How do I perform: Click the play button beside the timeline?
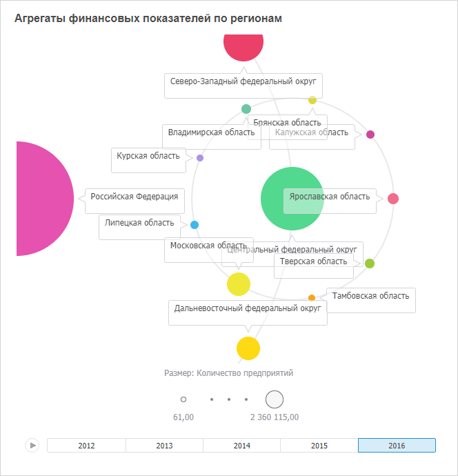pyautogui.click(x=32, y=446)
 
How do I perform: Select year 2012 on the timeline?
pyautogui.click(x=86, y=446)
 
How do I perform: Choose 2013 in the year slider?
pyautogui.click(x=164, y=446)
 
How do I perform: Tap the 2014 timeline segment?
pyautogui.click(x=241, y=446)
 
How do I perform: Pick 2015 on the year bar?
pyautogui.click(x=319, y=446)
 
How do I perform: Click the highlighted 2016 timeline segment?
pyautogui.click(x=397, y=446)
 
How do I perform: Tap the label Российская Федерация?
pyautogui.click(x=134, y=197)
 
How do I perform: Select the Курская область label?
pyautogui.click(x=148, y=156)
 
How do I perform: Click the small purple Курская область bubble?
pyautogui.click(x=200, y=158)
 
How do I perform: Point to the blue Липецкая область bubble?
pyautogui.click(x=195, y=225)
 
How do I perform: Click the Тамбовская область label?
pyautogui.click(x=370, y=296)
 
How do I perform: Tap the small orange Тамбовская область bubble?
pyautogui.click(x=312, y=298)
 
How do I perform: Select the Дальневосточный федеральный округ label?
pyautogui.click(x=248, y=308)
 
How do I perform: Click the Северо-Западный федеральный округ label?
pyautogui.click(x=243, y=82)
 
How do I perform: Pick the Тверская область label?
pyautogui.click(x=313, y=261)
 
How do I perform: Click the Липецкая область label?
pyautogui.click(x=139, y=222)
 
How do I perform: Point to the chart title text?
pyautogui.click(x=148, y=19)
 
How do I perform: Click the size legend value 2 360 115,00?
pyautogui.click(x=275, y=417)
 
